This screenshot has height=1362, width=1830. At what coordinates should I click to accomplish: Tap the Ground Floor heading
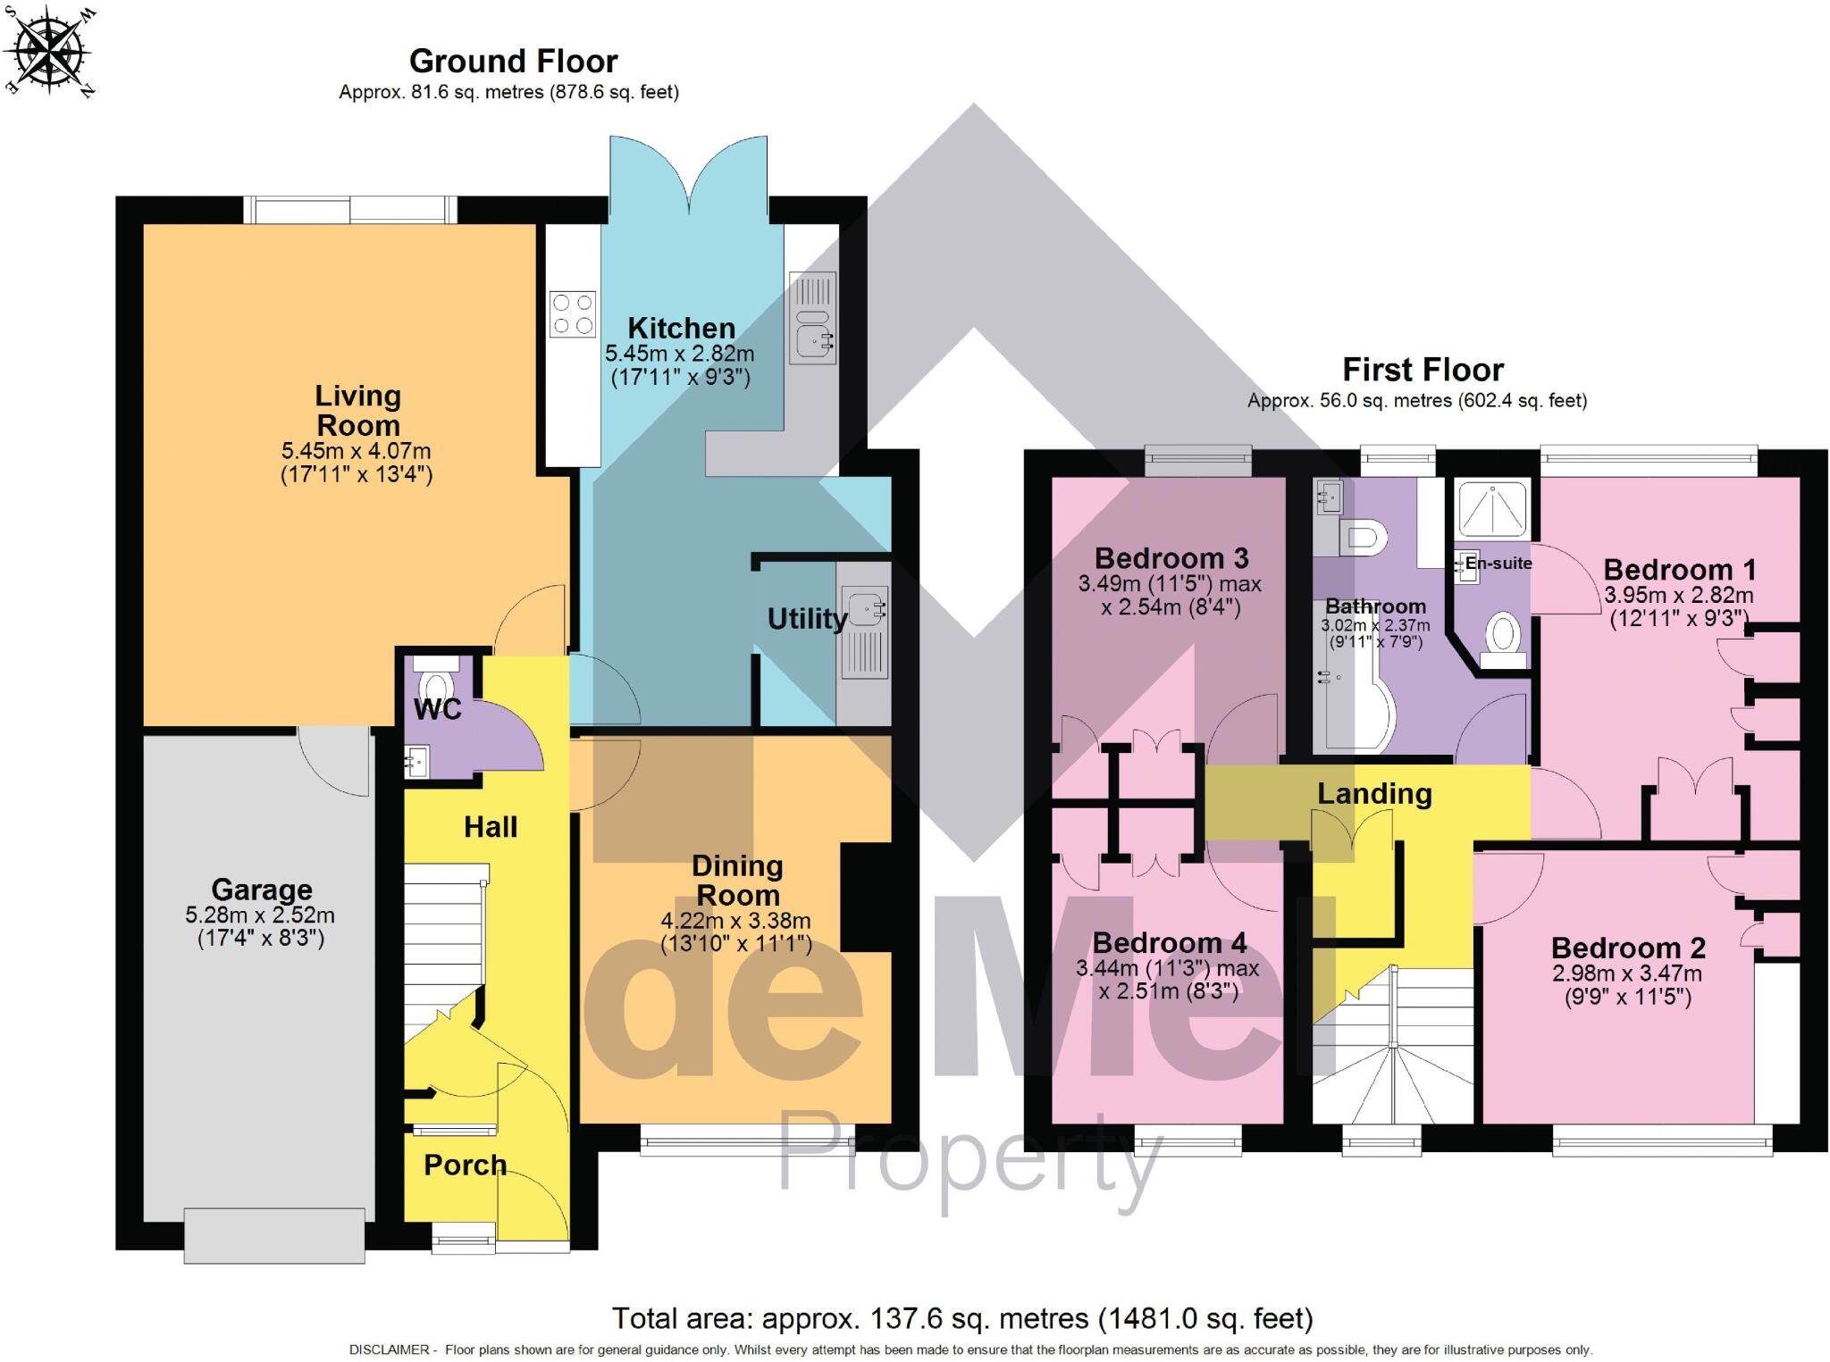[513, 62]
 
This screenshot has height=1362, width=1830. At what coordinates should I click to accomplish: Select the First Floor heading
[1423, 370]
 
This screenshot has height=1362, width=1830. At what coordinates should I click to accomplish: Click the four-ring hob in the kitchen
[573, 314]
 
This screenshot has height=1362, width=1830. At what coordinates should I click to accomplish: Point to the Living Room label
[357, 410]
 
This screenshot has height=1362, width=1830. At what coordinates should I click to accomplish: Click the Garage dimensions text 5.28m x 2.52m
[260, 915]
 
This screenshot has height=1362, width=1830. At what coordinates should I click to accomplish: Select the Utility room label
[807, 619]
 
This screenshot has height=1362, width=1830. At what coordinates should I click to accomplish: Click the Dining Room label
[737, 880]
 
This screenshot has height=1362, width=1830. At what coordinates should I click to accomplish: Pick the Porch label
[465, 1165]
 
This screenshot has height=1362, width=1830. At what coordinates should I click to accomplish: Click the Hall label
[491, 827]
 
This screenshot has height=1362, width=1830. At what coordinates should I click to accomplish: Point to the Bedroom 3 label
[1171, 559]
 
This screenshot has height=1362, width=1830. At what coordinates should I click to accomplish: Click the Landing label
[1374, 794]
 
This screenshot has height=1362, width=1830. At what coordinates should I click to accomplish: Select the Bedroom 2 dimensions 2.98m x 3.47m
[1626, 974]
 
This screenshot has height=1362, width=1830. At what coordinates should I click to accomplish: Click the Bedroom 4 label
[1169, 943]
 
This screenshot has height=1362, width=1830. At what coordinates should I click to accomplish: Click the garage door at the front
[274, 1235]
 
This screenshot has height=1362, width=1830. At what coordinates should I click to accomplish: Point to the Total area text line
[961, 1318]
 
